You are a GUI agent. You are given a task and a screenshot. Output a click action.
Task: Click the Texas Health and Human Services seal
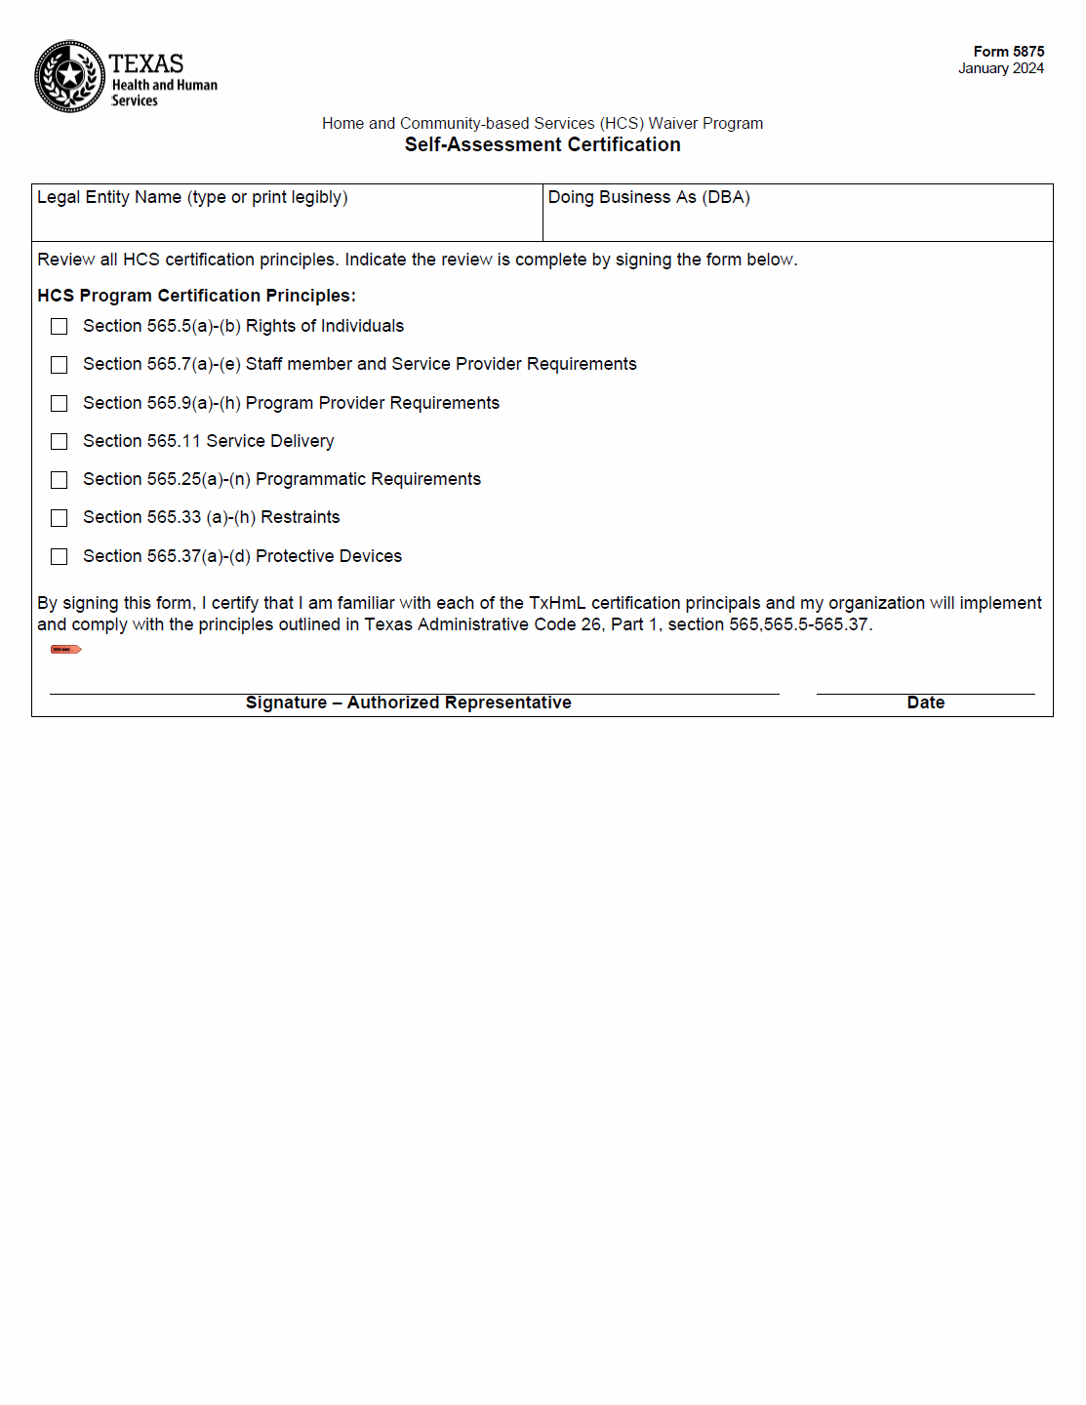coord(69,76)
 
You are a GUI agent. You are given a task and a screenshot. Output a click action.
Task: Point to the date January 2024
coord(1000,68)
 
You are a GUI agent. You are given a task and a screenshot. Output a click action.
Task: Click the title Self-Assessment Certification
coord(543,144)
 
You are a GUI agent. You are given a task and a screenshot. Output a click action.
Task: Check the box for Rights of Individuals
coord(60,326)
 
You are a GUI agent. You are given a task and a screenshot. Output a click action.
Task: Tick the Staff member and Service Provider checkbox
coord(60,365)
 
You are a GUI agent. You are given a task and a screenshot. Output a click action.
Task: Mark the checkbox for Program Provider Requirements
coord(60,403)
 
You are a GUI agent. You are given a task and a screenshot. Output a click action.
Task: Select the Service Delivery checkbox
coord(60,442)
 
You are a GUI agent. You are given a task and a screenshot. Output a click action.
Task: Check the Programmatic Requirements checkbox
coord(60,480)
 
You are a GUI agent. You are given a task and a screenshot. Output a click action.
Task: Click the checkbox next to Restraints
coord(60,518)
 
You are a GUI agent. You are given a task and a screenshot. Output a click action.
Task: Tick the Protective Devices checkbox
coord(60,556)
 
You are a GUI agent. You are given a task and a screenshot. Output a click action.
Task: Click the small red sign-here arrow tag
coord(65,649)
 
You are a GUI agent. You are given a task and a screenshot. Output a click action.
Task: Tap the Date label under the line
coord(925,702)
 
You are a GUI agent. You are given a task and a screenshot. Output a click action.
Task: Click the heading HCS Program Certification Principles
coord(196,296)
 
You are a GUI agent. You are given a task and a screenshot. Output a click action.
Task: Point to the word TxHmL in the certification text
coord(557,603)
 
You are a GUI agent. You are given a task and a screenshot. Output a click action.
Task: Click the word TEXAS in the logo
coord(146,63)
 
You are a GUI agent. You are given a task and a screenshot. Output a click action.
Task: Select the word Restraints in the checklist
coord(301,517)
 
